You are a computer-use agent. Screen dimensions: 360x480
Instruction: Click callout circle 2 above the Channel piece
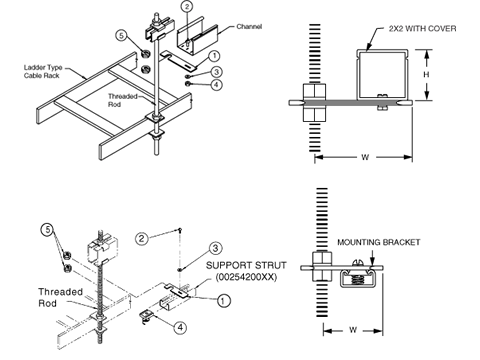coord(187,7)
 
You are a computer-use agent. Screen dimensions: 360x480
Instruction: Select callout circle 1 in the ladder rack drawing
coord(216,56)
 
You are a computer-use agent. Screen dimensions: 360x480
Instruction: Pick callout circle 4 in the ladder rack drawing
coord(216,85)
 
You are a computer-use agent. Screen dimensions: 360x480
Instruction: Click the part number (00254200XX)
coord(244,280)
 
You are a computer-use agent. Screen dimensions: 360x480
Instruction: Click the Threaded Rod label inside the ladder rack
coord(123,98)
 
